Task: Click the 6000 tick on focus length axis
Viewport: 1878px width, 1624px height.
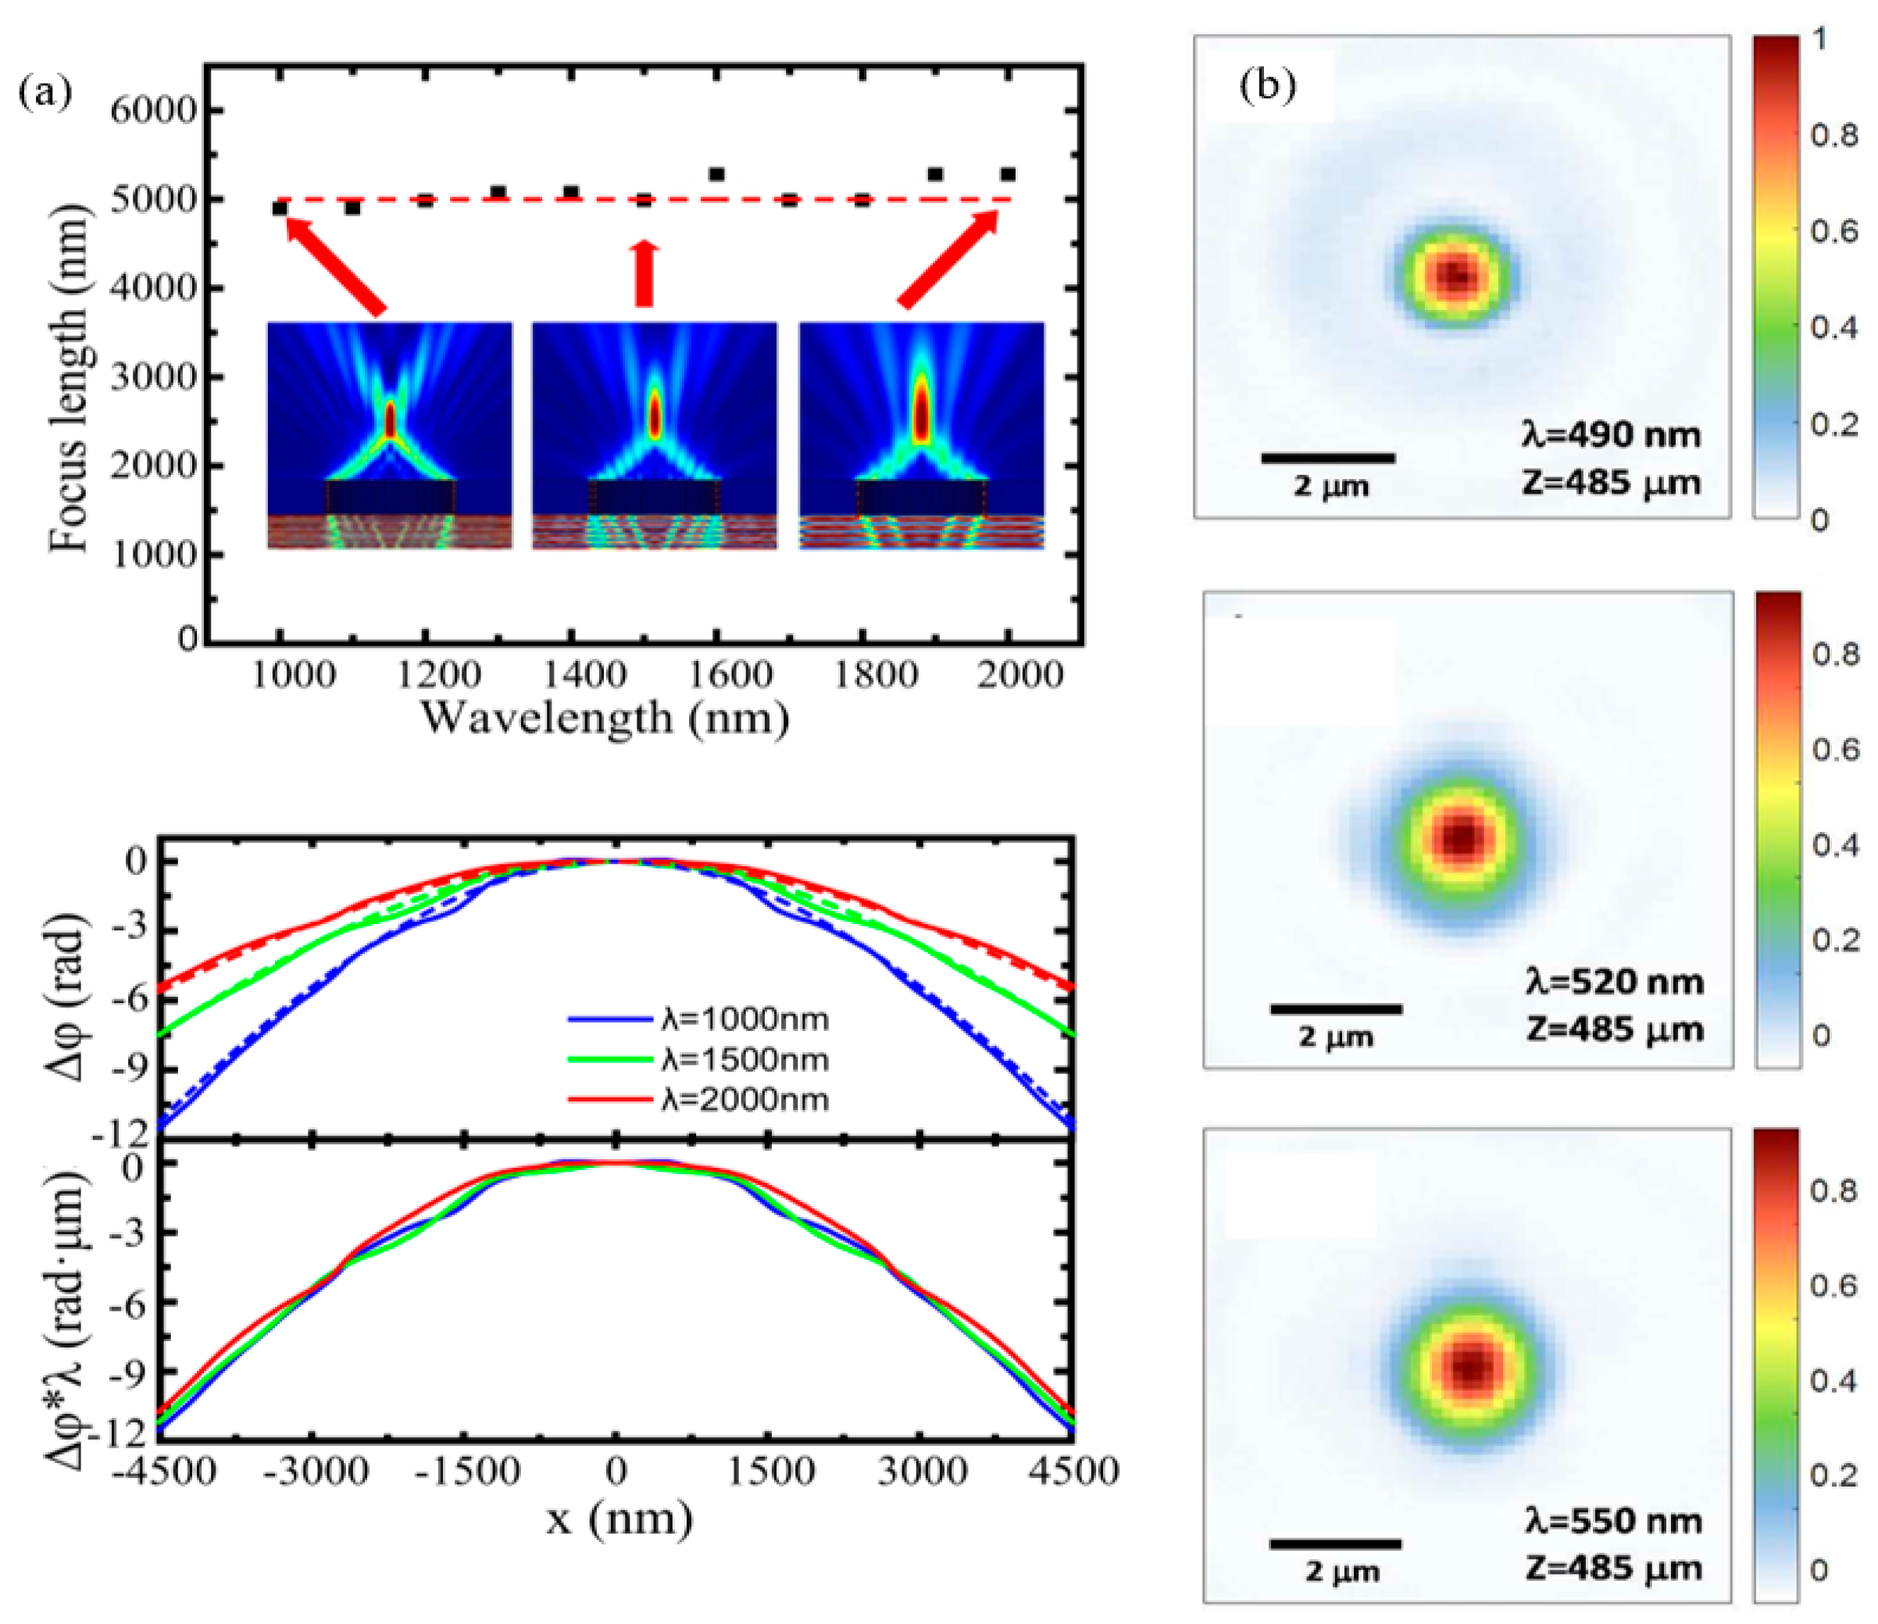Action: click(152, 111)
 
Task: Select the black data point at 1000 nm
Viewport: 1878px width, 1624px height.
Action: click(280, 209)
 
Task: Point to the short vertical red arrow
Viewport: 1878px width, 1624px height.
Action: click(644, 273)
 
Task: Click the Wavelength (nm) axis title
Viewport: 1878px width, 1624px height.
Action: click(605, 719)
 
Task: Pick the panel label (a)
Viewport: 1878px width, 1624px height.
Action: click(44, 91)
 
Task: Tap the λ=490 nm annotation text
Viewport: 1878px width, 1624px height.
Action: click(1611, 436)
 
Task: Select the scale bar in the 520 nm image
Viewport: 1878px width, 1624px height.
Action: click(1336, 1008)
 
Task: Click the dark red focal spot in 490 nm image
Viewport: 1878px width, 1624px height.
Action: click(1456, 276)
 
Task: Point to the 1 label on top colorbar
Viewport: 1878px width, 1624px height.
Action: click(1819, 39)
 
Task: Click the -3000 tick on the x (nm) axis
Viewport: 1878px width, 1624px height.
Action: click(315, 1471)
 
